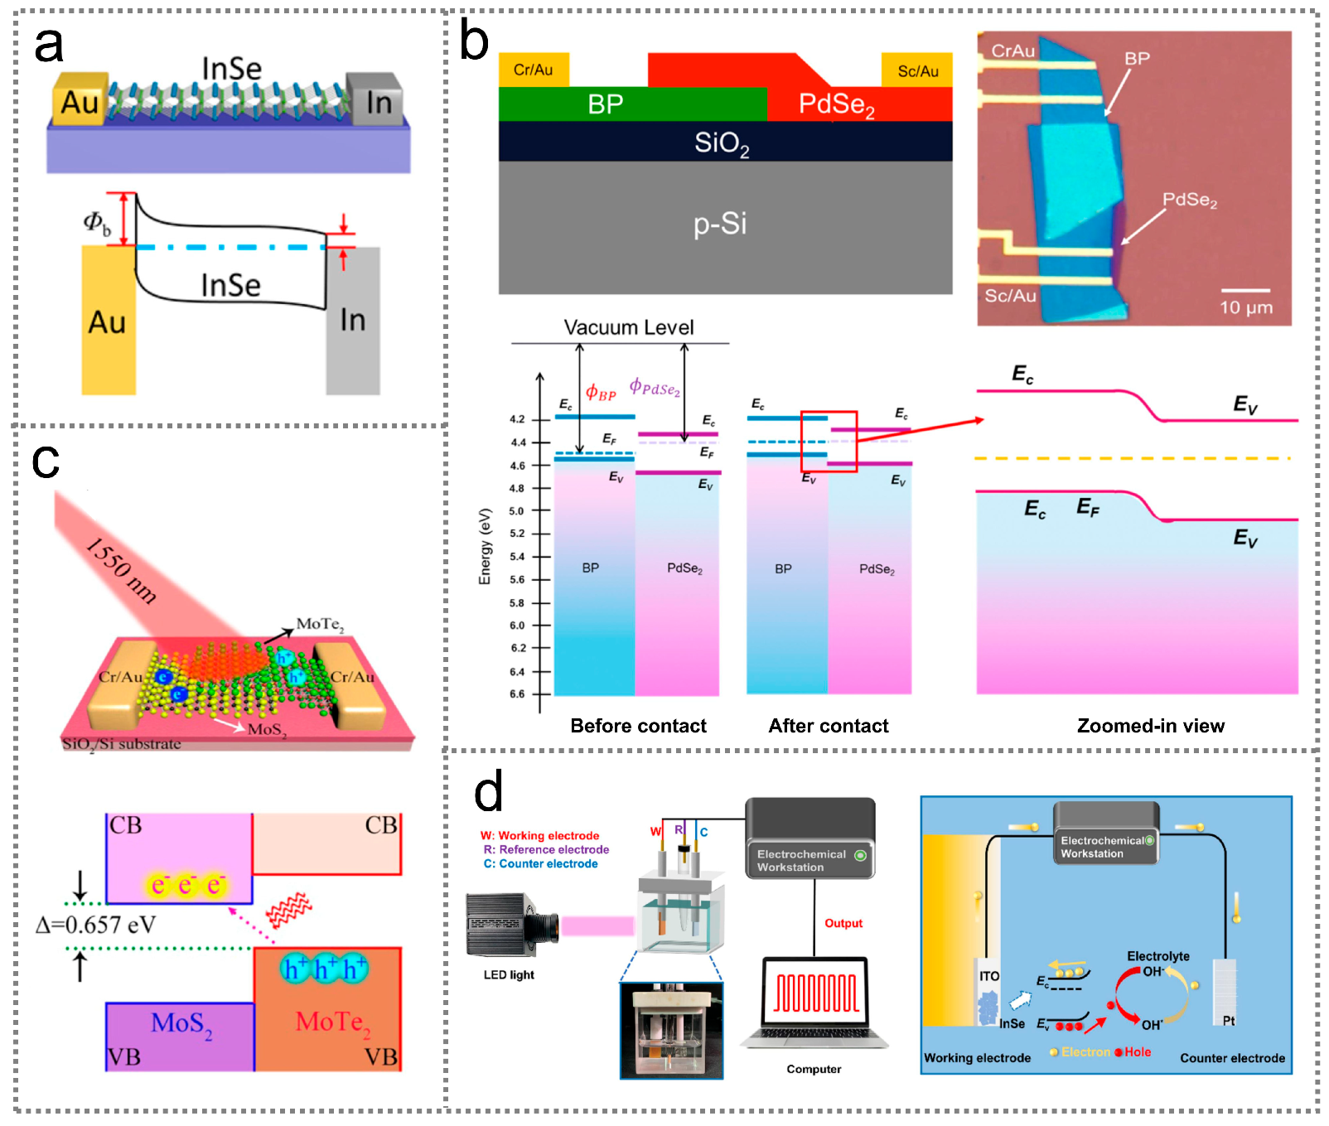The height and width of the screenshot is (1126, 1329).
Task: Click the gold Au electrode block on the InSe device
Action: (x=80, y=102)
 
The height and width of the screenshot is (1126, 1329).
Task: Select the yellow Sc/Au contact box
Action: (x=917, y=70)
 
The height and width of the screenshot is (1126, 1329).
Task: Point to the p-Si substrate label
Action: (x=720, y=224)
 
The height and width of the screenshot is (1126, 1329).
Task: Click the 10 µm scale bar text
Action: (x=1245, y=307)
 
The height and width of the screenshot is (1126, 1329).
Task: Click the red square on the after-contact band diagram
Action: (x=829, y=441)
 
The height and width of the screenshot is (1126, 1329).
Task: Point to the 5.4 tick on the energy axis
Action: (x=517, y=557)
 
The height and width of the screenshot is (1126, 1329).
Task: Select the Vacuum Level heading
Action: (x=629, y=327)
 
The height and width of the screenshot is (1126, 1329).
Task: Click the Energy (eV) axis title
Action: (x=486, y=546)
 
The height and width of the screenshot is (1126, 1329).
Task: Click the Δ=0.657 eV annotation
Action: (x=96, y=925)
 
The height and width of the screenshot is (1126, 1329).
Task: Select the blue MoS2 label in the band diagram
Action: (x=181, y=1024)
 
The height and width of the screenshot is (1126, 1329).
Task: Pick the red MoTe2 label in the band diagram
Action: (x=333, y=1022)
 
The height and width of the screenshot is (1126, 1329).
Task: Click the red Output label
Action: (x=843, y=923)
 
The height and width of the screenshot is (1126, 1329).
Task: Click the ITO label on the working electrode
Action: (x=989, y=976)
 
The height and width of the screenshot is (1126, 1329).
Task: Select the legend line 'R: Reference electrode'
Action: (x=546, y=849)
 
